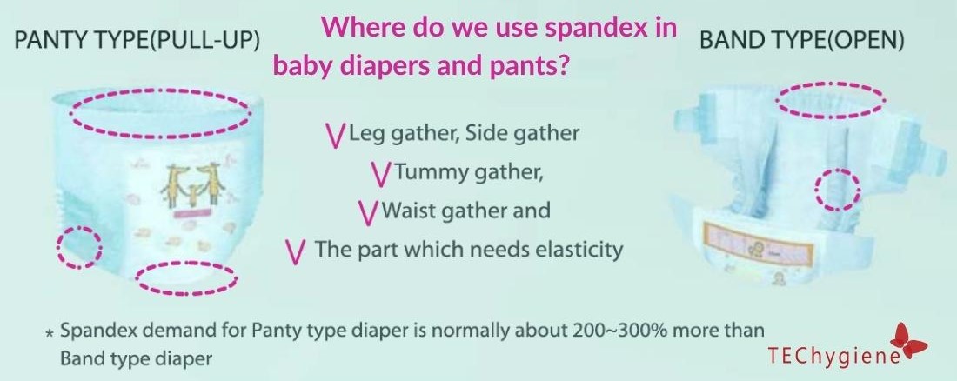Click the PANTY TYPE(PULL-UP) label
(x=137, y=41)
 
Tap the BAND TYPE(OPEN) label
(x=801, y=41)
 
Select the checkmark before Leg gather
(x=335, y=135)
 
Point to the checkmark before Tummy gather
(x=381, y=174)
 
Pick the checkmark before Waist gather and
(x=369, y=212)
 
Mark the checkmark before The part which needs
(x=296, y=251)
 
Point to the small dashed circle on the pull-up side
(x=78, y=247)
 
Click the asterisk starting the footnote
(x=50, y=333)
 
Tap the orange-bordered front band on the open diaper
(x=758, y=242)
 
